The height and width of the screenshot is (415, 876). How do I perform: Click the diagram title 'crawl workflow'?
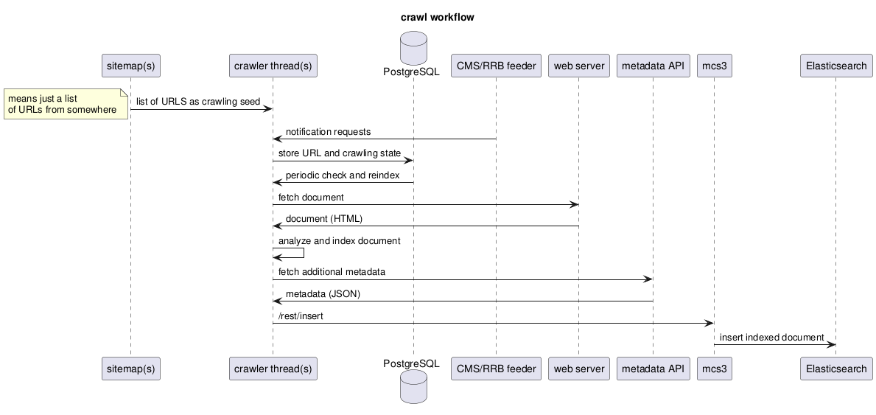438,17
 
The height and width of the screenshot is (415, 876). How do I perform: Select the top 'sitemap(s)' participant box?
130,66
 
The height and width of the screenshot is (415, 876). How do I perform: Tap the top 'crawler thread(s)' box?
273,66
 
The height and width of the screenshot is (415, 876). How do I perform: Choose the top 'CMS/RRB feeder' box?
496,66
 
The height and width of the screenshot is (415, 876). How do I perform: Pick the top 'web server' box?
578,66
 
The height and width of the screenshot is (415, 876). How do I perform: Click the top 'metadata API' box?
653,66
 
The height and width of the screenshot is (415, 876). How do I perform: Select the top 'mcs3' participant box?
714,66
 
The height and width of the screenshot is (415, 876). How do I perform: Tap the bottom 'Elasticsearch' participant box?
835,369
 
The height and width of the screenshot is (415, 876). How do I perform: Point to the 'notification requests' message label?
328,132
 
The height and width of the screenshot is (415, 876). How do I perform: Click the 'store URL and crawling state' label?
340,153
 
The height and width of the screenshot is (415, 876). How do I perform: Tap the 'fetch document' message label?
311,197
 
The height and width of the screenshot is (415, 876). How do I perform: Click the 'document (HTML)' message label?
324,219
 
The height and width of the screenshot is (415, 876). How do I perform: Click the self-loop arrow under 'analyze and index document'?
303,253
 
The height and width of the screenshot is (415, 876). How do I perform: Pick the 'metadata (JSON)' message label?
323,293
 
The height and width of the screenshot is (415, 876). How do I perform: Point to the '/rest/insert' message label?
301,315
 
